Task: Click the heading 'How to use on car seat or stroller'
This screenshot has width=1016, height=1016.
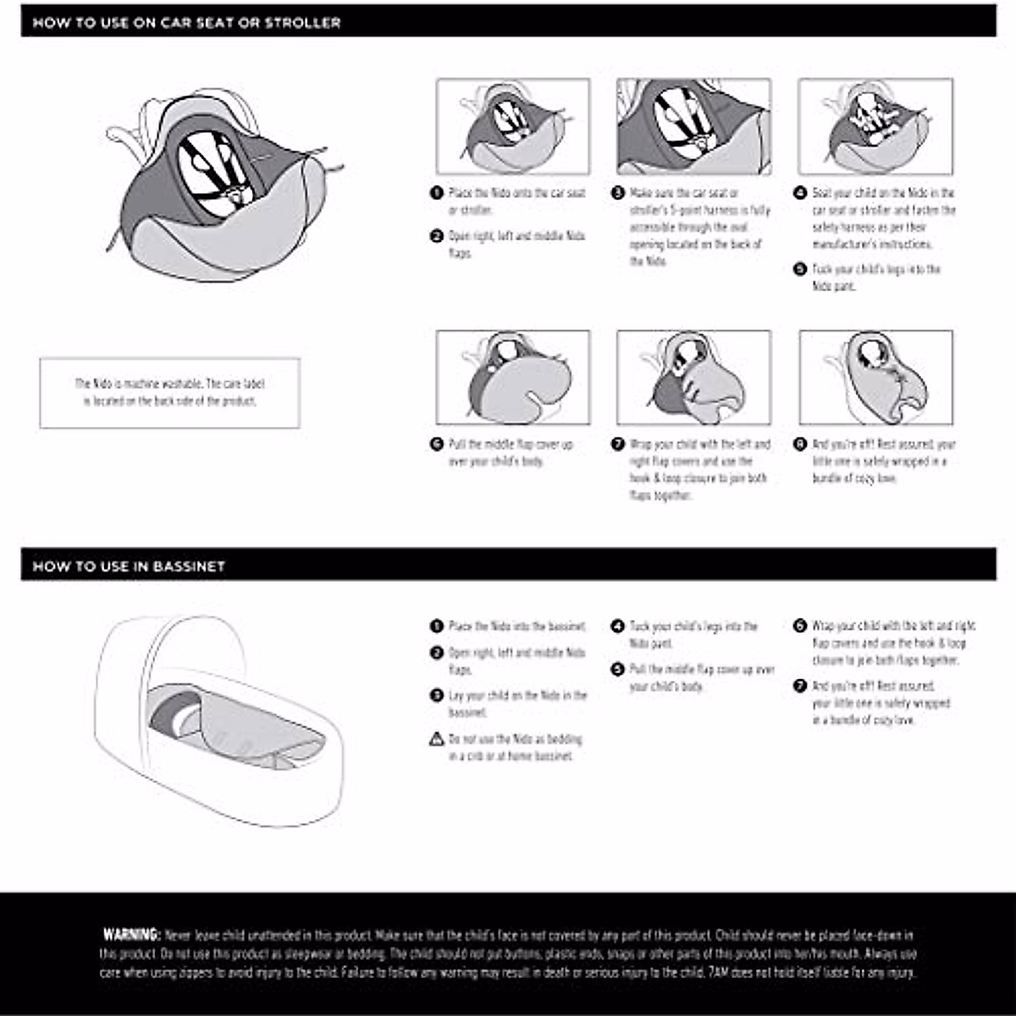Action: pyautogui.click(x=186, y=23)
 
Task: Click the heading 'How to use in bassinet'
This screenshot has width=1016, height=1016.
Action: pyautogui.click(x=129, y=566)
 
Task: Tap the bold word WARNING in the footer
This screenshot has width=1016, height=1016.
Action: pyautogui.click(x=131, y=935)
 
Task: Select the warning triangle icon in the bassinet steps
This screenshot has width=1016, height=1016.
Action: pyautogui.click(x=437, y=739)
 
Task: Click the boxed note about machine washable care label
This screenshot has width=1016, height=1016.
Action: pyautogui.click(x=169, y=393)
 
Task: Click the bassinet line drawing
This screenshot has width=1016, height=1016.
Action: pyautogui.click(x=218, y=720)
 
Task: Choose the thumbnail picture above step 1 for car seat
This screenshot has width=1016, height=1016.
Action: pyautogui.click(x=513, y=127)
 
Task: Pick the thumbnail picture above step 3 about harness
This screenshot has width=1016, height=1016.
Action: pyautogui.click(x=693, y=127)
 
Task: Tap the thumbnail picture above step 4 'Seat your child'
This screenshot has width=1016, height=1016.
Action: pyautogui.click(x=875, y=127)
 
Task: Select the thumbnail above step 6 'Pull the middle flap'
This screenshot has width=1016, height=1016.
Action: pyautogui.click(x=513, y=378)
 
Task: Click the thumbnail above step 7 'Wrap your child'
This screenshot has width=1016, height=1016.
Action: pyautogui.click(x=693, y=378)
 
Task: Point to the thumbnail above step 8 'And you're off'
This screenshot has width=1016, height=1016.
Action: pyautogui.click(x=875, y=378)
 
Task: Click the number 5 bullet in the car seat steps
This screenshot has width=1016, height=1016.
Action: pyautogui.click(x=800, y=269)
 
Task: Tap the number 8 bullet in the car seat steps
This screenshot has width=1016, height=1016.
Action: pyautogui.click(x=800, y=444)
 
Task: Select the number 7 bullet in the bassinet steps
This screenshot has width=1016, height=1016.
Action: pyautogui.click(x=800, y=686)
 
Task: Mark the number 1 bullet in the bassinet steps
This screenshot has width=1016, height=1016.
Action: pyautogui.click(x=437, y=627)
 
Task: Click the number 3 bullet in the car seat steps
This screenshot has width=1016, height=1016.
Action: pyautogui.click(x=618, y=193)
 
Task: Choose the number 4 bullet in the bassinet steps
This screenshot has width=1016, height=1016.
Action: pyautogui.click(x=618, y=627)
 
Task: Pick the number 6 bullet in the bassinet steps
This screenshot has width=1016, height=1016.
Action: pyautogui.click(x=800, y=627)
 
